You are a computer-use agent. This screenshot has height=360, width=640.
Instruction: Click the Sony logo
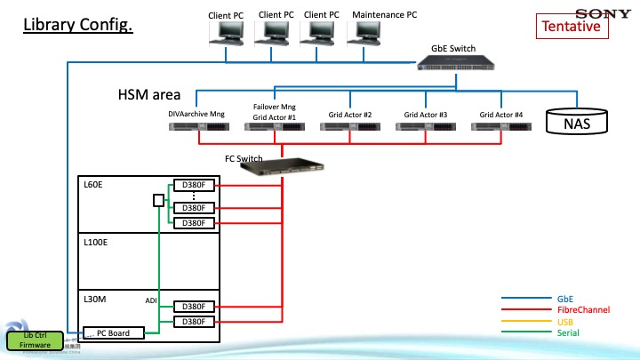(603, 12)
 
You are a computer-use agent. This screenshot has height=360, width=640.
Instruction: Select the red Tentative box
(572, 27)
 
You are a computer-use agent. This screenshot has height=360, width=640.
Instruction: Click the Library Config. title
(77, 24)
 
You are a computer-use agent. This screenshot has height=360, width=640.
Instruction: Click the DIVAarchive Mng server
(196, 128)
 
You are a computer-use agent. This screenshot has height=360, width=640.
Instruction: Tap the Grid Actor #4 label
(500, 115)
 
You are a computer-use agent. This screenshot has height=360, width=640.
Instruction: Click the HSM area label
(149, 94)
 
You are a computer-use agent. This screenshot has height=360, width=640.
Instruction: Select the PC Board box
(114, 333)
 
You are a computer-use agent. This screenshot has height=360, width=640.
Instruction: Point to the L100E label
(96, 242)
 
